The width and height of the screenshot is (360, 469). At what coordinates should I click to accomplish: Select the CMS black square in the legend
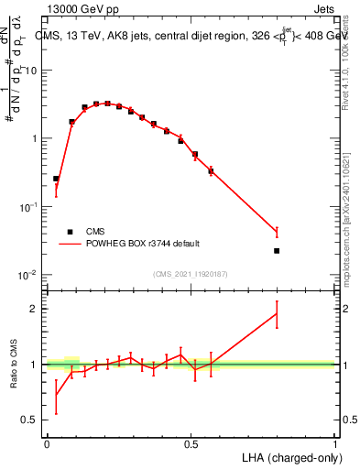coord(70,232)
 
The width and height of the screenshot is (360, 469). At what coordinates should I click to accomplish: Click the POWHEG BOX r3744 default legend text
coord(143,244)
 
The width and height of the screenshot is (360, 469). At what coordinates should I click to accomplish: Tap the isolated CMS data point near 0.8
coord(277,250)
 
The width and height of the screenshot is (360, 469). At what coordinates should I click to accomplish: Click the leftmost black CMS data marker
coord(56,179)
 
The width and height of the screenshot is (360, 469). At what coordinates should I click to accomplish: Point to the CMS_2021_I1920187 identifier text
coord(190,274)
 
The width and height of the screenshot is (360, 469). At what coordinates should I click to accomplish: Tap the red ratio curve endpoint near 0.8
coord(277,314)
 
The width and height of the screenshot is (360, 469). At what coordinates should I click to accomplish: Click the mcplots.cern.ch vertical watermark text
coord(350,220)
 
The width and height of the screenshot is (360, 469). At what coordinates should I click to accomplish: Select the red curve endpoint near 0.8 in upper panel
coord(277,232)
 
